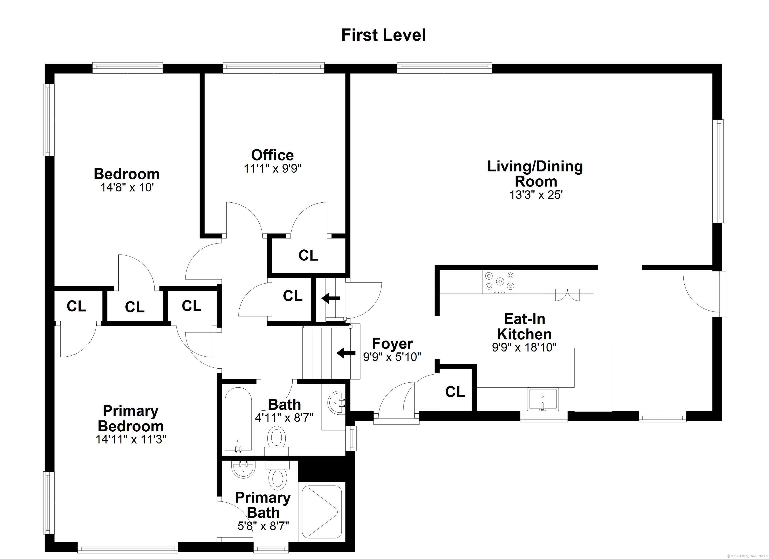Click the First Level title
tap(383, 35)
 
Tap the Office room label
tap(272, 155)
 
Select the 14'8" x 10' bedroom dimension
tap(127, 187)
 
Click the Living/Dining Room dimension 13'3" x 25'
tap(536, 195)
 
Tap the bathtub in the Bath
tap(238, 419)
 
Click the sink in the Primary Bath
tap(243, 469)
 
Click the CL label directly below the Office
tap(308, 255)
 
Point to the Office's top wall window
tap(273, 68)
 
